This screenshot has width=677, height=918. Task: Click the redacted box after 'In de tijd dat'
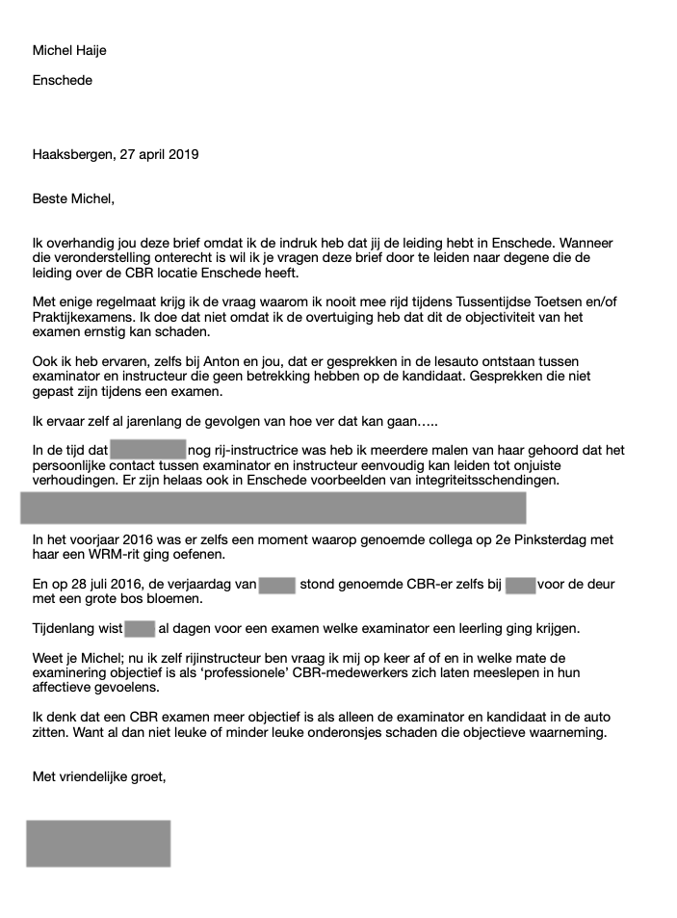pyautogui.click(x=147, y=450)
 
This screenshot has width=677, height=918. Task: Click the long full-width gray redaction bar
pyautogui.click(x=273, y=507)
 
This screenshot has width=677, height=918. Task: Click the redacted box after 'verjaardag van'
pyautogui.click(x=276, y=585)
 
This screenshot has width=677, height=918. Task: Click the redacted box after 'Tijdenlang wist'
pyautogui.click(x=140, y=629)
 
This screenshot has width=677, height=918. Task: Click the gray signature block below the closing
pyautogui.click(x=98, y=843)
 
